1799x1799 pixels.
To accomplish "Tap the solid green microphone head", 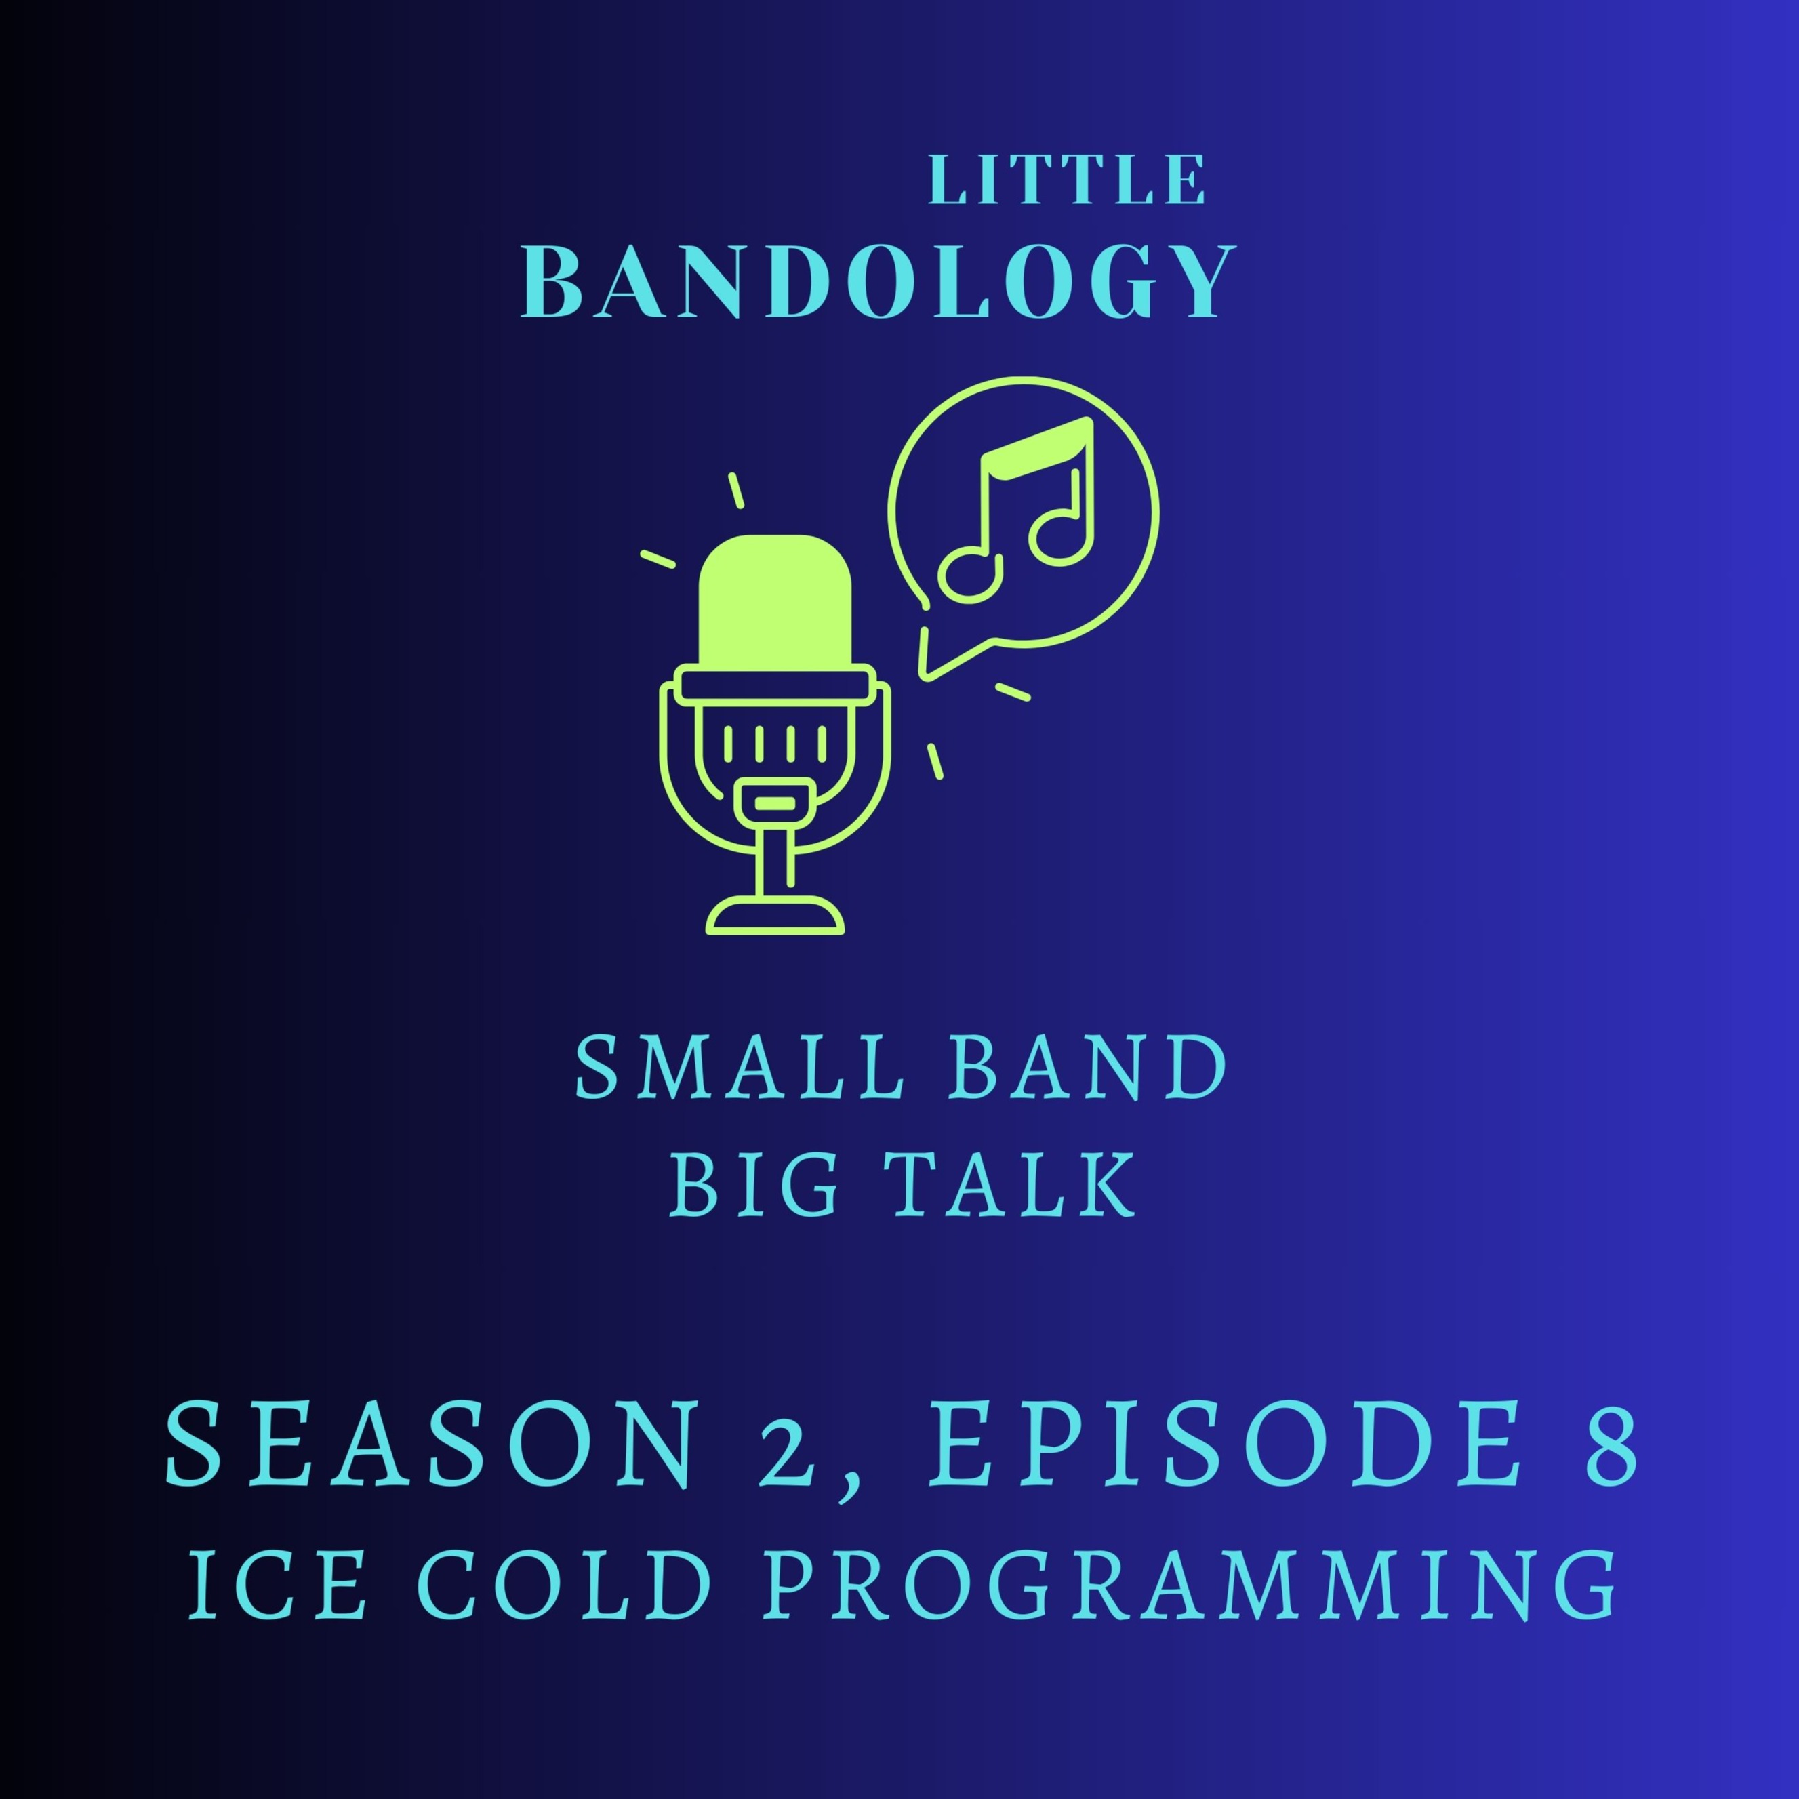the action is [x=775, y=601].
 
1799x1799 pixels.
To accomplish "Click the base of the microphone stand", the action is [x=775, y=914].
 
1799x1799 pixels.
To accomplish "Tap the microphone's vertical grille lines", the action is [x=775, y=742].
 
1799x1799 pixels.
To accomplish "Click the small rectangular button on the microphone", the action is [x=775, y=802].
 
